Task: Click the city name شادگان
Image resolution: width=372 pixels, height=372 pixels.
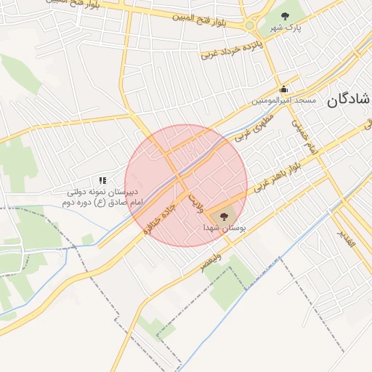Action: click(348, 100)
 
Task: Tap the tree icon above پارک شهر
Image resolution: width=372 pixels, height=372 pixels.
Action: click(284, 16)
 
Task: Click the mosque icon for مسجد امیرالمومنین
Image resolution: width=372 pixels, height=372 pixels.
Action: click(283, 89)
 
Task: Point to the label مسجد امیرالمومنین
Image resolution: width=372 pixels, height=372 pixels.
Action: click(284, 100)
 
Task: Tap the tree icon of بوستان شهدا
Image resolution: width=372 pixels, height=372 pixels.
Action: click(222, 214)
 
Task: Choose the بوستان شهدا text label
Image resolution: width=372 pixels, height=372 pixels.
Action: click(226, 228)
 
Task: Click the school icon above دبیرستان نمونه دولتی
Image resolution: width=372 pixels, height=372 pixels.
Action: click(103, 179)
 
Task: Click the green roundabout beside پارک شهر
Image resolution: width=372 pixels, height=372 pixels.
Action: click(249, 25)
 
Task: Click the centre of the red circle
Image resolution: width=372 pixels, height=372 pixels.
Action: click(186, 185)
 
